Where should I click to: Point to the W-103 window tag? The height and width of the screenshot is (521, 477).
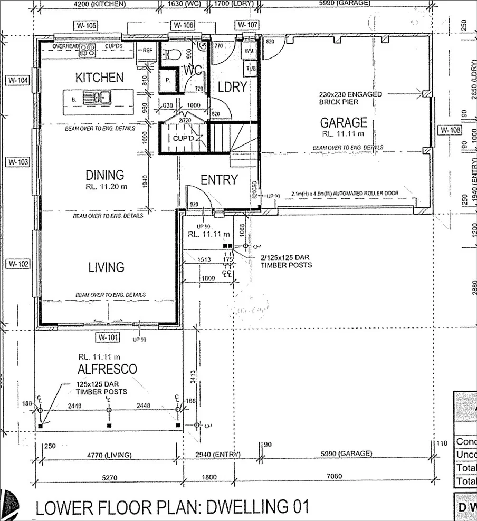17,162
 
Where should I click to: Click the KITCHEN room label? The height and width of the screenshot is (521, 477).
100,78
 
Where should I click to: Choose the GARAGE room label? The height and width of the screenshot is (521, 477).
344,123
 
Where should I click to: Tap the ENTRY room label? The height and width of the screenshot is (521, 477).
219,180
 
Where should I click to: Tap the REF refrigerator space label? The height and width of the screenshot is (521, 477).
147,51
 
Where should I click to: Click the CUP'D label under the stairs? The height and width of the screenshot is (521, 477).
185,139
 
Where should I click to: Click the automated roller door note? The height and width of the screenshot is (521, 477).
345,194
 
